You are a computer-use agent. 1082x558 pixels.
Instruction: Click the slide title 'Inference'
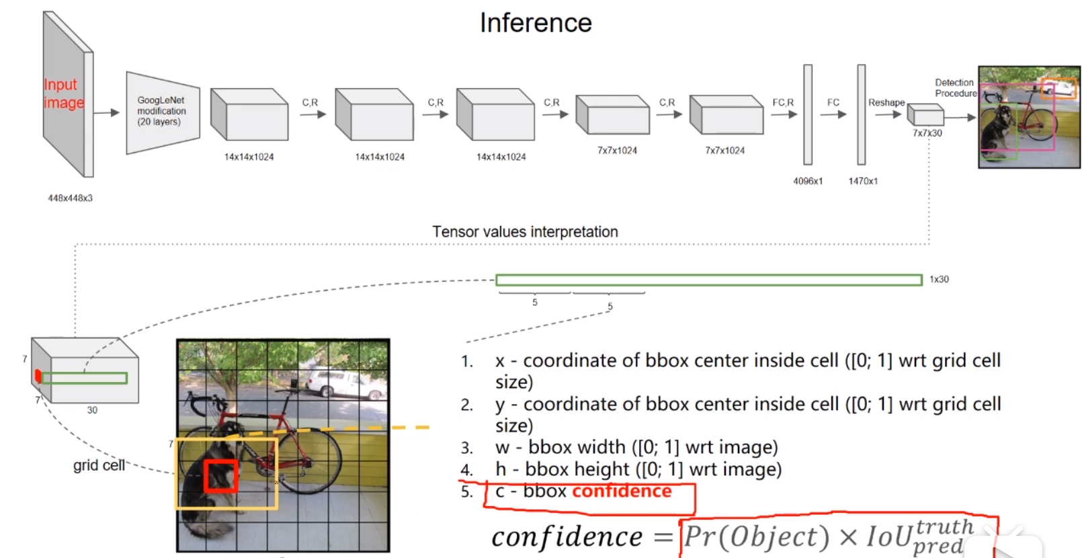[536, 23]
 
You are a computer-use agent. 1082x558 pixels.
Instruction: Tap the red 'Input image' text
[63, 93]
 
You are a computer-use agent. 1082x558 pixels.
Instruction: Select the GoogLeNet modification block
[162, 112]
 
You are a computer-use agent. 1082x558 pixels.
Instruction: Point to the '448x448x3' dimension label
[70, 198]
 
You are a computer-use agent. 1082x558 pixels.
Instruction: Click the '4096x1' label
[808, 181]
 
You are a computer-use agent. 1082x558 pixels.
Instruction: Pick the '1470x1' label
[863, 181]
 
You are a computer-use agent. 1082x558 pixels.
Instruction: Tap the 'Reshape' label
[886, 103]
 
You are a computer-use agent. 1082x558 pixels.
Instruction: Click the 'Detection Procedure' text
[955, 88]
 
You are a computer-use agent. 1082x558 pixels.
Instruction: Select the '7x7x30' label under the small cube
[927, 133]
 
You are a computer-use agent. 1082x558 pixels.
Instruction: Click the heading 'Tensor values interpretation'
[525, 232]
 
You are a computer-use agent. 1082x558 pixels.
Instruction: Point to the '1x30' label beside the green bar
[939, 279]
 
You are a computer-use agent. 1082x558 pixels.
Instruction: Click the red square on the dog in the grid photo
[221, 476]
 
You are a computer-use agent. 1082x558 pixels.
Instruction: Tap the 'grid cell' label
[99, 465]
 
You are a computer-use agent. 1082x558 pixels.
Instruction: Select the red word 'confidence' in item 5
[622, 491]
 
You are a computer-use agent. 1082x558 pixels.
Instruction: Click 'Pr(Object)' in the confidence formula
[757, 536]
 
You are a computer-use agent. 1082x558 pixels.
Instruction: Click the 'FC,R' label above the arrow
[783, 103]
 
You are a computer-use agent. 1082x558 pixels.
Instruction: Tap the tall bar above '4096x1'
[808, 114]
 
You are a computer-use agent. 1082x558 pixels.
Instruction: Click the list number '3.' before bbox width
[467, 448]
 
